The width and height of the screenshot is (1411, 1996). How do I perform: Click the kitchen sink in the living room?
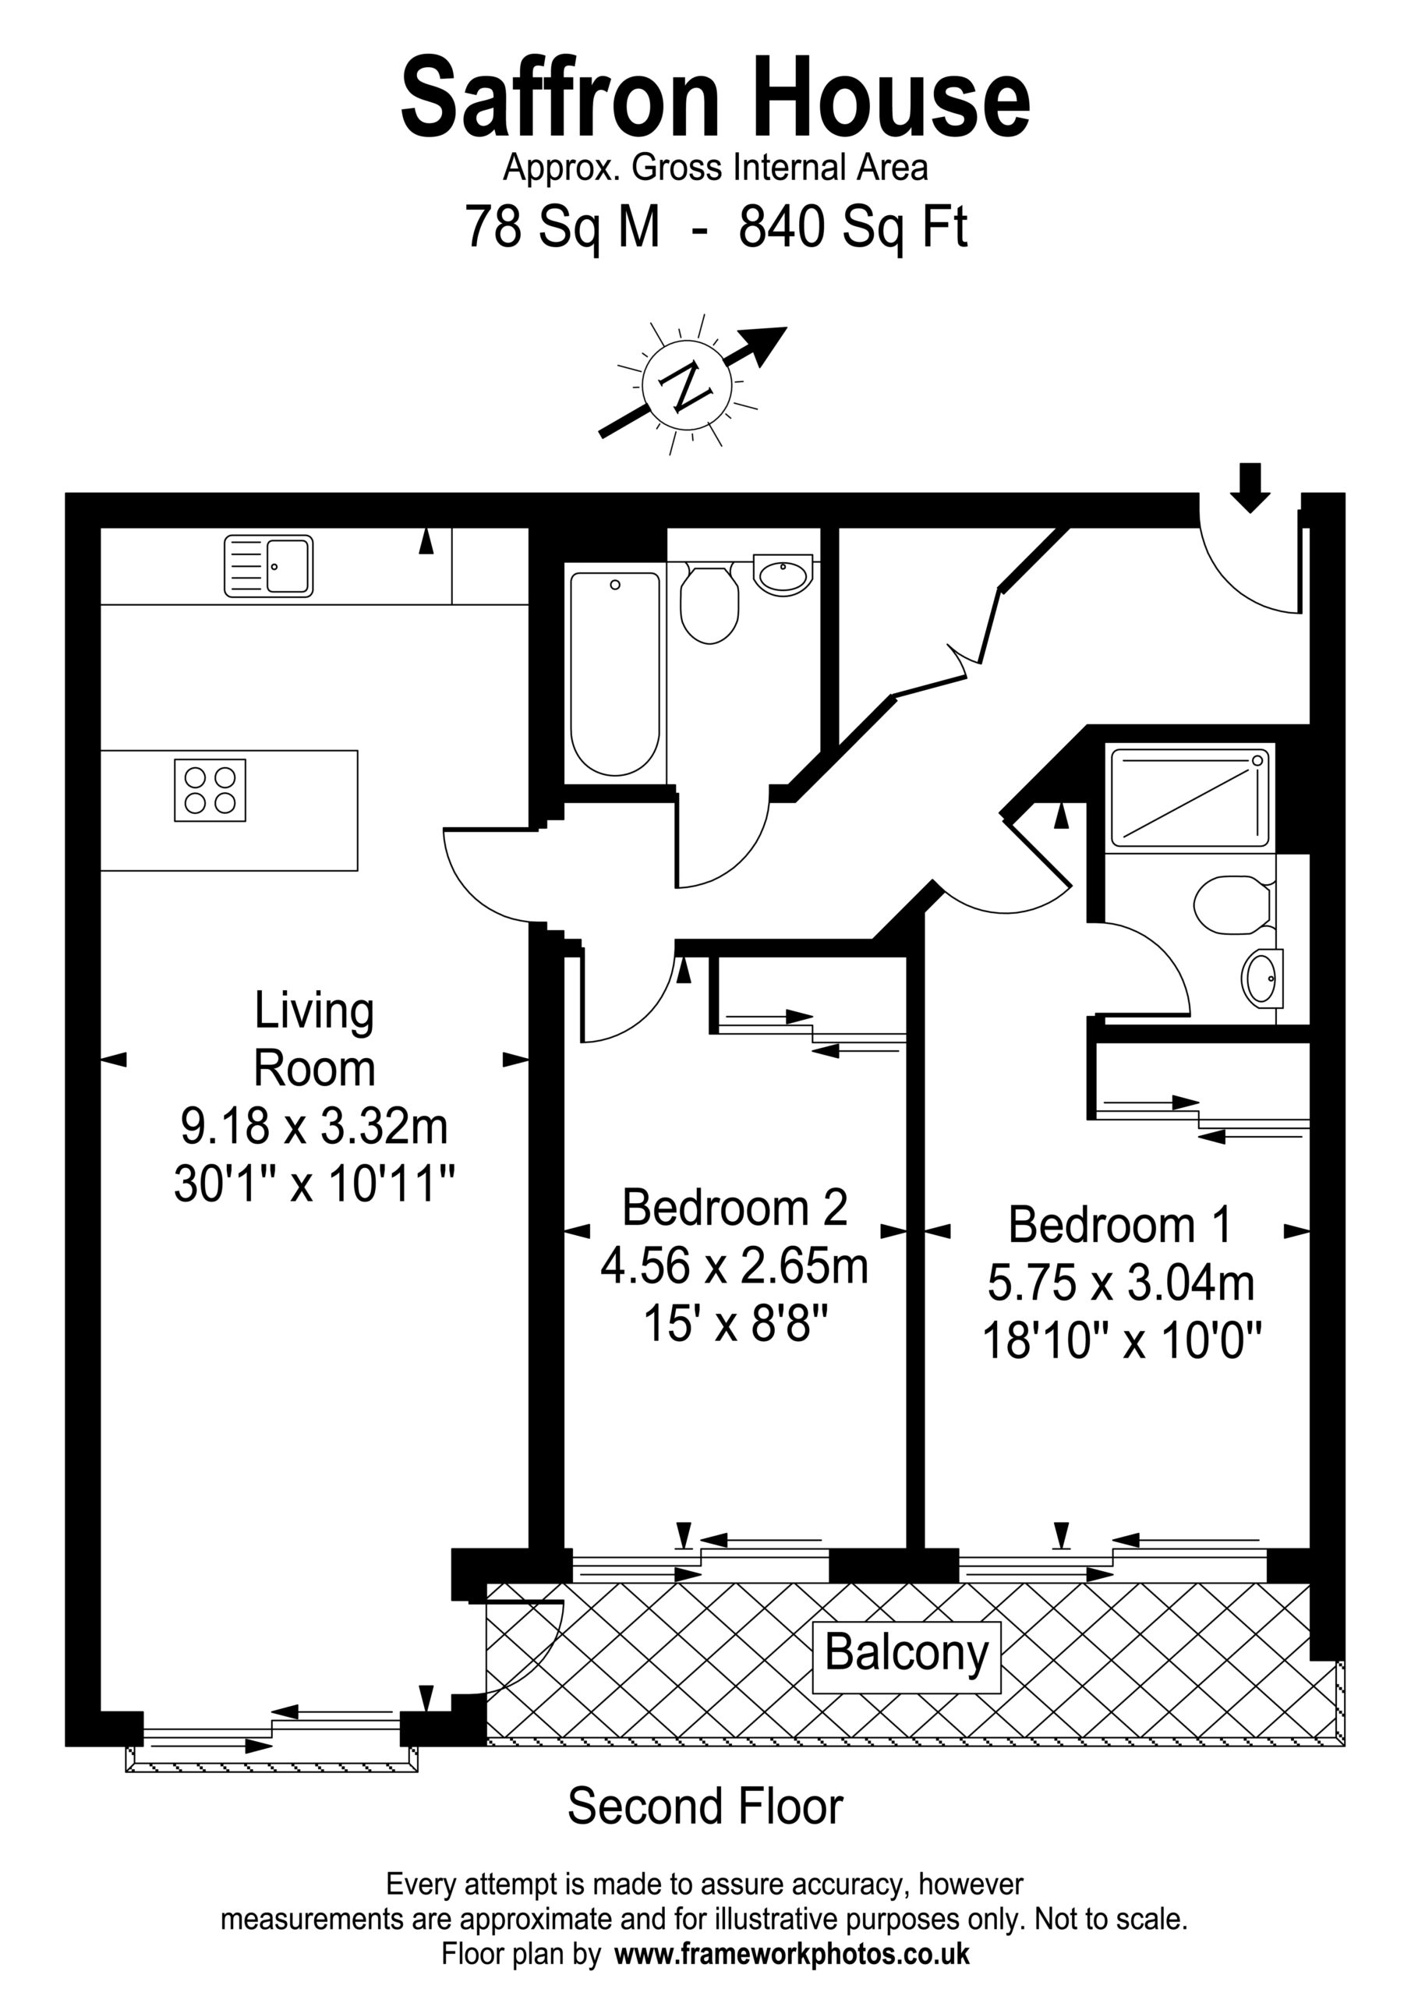(269, 566)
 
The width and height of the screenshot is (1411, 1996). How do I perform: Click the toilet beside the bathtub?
(709, 603)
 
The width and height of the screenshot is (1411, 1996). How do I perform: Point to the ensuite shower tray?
(1189, 796)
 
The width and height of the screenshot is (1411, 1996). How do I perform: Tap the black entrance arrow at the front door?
(1250, 488)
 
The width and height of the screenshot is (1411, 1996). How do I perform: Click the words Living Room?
(315, 1039)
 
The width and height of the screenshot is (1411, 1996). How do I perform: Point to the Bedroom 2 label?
(734, 1208)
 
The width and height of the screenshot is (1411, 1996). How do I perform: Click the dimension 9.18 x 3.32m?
(314, 1126)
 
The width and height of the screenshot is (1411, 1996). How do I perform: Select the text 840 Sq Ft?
(853, 228)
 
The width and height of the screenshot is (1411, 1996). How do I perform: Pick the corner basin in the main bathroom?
(783, 573)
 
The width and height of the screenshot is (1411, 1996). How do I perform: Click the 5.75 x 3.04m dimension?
(1121, 1283)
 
